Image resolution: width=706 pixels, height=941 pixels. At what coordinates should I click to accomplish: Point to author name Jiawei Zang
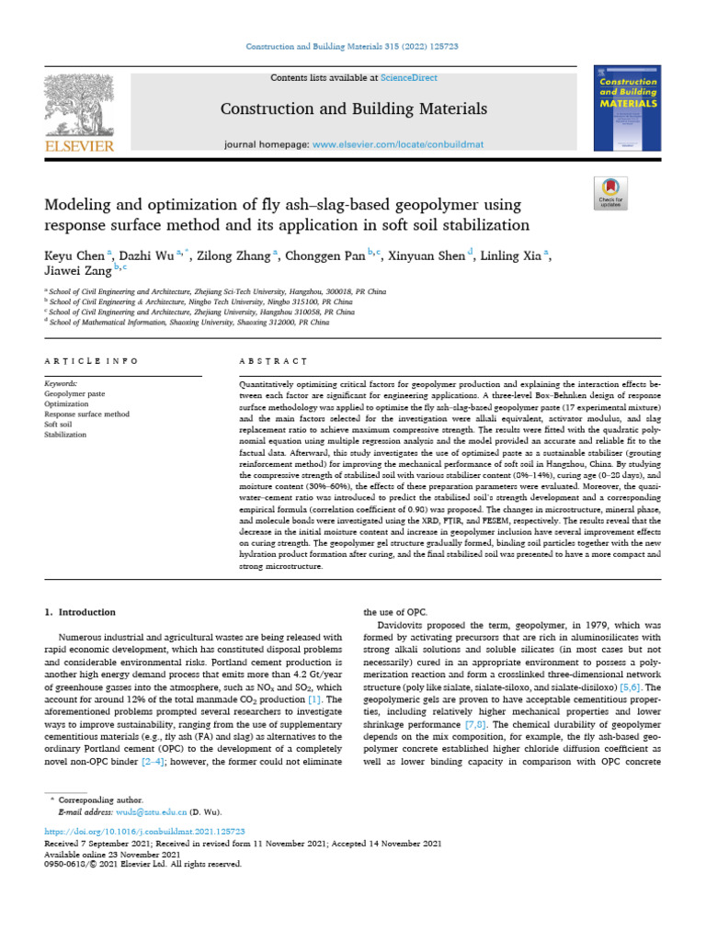(x=79, y=271)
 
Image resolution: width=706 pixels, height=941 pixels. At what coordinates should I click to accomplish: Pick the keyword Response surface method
(x=87, y=414)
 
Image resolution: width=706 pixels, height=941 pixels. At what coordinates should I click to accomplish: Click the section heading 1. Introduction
(x=81, y=612)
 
